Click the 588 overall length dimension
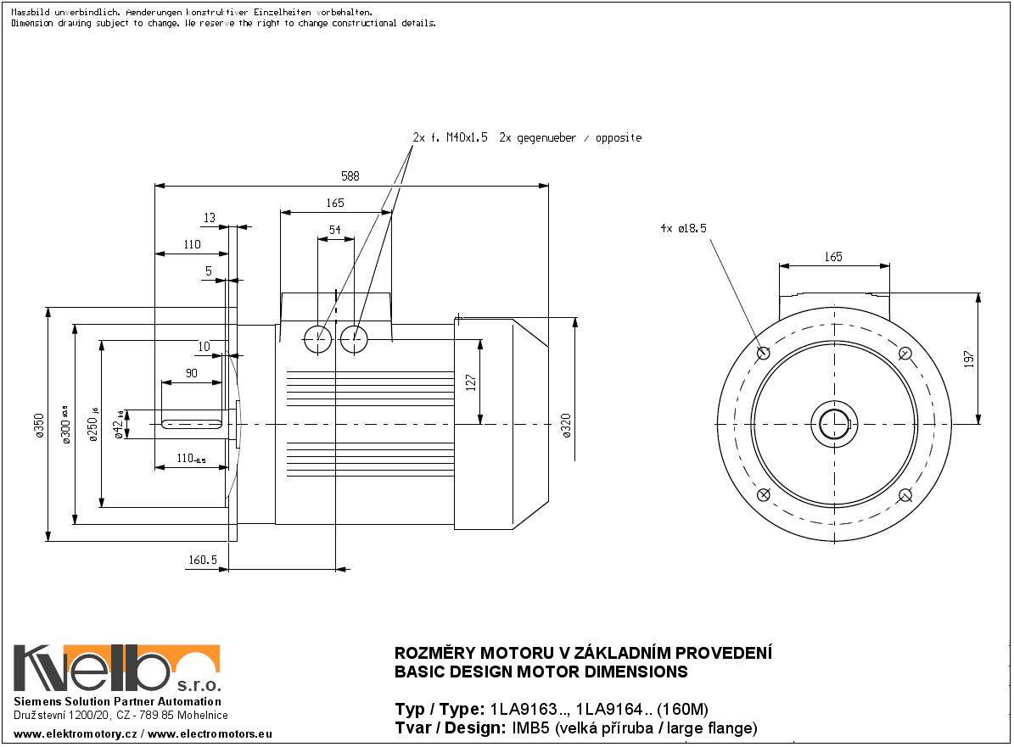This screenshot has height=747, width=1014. pos(350,176)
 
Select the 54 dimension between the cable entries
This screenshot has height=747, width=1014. pos(335,230)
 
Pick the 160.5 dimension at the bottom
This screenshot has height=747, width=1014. pos(204,560)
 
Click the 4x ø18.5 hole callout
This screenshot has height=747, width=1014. pos(683,228)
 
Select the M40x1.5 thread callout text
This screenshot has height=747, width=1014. pos(467,137)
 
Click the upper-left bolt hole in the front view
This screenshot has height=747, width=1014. pos(763,353)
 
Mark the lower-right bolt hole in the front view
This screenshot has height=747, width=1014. pos(905,495)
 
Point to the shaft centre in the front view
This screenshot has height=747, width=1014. pos(834,423)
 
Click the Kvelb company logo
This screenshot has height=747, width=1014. pos(116,670)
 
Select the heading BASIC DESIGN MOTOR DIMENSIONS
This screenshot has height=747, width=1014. pos(541,672)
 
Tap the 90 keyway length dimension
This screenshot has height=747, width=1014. pos(191,374)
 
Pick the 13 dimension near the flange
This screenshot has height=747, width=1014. pos(209,219)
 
